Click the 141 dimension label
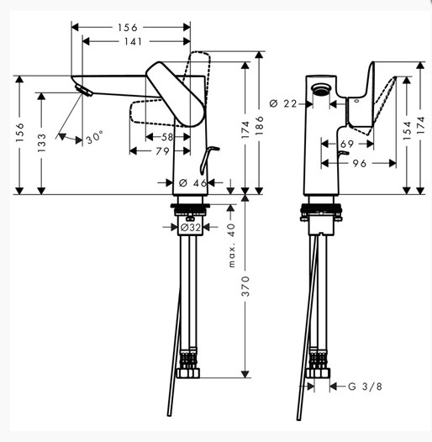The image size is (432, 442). pos(133,42)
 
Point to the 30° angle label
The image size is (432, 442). pos(94,137)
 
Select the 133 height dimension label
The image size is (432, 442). pos(41,143)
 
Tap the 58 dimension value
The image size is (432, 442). pos(167,137)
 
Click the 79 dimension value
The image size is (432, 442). pos(163,151)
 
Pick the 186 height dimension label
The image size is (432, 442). pos(260,125)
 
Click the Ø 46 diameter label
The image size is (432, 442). pos(192,183)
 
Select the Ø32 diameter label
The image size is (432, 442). pos(191,227)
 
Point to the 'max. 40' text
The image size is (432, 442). pos(231,245)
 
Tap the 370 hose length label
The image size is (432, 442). pos(246,287)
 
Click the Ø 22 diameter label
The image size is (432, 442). pos(283,103)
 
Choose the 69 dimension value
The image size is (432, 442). pos(347,144)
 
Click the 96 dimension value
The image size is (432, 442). pos(359,163)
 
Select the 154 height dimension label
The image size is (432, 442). pos(407,130)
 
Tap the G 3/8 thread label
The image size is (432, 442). pos(365,387)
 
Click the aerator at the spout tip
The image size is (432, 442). pos(84,90)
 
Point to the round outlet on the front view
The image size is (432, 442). pos(320,89)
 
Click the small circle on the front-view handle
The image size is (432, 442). pos(356,101)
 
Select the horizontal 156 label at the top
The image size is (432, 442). pos(128,28)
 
